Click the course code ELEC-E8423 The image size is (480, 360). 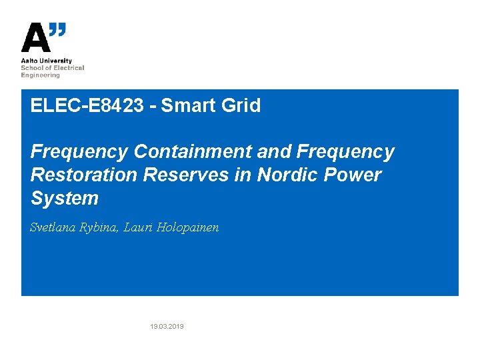87,105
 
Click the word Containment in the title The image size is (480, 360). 193,152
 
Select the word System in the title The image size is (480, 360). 65,199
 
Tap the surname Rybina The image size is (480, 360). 101,228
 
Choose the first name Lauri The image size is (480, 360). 139,227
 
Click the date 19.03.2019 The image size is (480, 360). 167,327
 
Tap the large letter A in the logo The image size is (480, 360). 35,38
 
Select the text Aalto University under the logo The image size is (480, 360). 47,61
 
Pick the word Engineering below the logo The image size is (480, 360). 41,75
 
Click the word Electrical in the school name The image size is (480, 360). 70,68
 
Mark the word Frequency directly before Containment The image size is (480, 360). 79,152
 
